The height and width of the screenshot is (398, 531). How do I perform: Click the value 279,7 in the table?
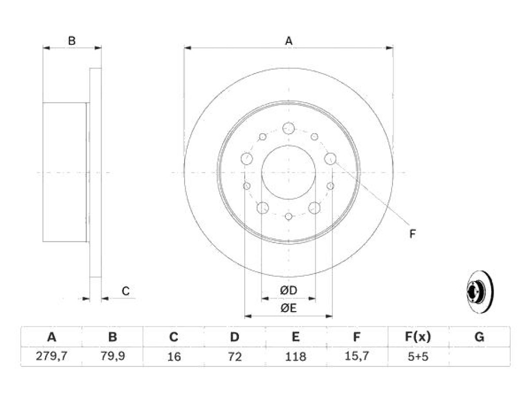coord(51,356)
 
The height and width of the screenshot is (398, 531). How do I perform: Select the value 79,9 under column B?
coord(113,356)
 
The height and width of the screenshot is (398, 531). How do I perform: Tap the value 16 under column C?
coord(174,357)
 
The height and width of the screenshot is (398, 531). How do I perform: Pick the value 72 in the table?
coord(235,357)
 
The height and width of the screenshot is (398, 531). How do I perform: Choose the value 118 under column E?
coord(296,357)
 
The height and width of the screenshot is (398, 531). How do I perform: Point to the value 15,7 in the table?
coord(357,356)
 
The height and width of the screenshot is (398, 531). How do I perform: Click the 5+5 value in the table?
coord(418,357)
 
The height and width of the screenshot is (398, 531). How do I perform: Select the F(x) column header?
coord(418,337)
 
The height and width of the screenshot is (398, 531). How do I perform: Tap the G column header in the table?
coord(479,337)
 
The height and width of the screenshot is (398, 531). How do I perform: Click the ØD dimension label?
coord(288,290)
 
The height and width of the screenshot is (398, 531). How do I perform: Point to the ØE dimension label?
coord(288,308)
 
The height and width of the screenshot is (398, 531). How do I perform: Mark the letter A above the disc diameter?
coord(288,41)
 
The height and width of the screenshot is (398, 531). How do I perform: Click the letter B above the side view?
coord(72,41)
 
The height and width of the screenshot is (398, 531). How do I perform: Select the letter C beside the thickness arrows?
coord(125,291)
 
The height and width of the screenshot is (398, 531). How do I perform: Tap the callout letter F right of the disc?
coord(412,234)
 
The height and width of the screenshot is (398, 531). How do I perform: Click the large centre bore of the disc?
coord(288,172)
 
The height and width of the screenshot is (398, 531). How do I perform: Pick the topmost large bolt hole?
coord(288,129)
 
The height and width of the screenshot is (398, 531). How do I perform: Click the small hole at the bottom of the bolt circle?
coord(288,216)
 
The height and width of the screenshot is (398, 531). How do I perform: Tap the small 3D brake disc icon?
coord(480,292)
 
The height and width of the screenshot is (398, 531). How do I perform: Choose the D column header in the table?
coord(235,337)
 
